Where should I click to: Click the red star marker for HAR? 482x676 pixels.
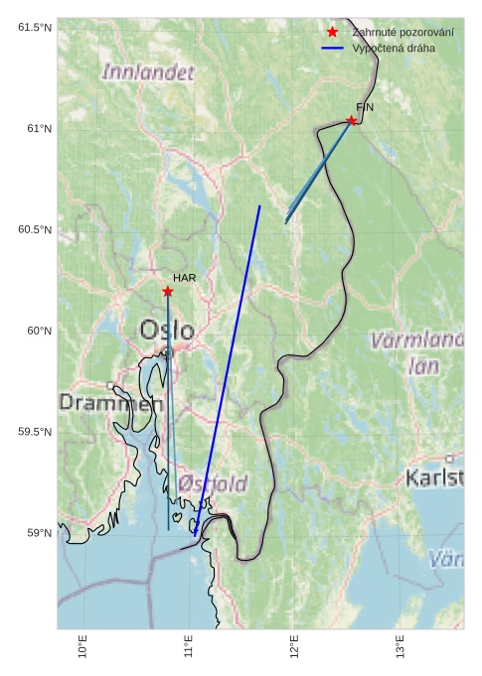point(167,291)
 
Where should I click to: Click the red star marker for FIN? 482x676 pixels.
point(351,121)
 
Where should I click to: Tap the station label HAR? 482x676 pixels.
point(184,278)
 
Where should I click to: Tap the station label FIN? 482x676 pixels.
point(365,106)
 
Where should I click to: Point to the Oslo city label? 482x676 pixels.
point(167,330)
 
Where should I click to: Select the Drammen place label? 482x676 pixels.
point(110,403)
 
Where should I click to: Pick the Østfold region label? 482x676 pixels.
point(214,483)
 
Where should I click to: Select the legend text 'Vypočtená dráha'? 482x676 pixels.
point(393,48)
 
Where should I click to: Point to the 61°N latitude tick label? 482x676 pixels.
point(35,128)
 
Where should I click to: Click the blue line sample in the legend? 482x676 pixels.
point(332,48)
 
